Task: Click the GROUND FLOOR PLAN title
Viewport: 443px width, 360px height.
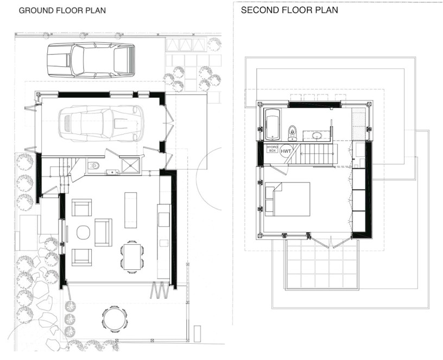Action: coord(62,10)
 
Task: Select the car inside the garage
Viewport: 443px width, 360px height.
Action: coord(102,123)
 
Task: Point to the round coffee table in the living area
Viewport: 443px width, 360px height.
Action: coord(83,232)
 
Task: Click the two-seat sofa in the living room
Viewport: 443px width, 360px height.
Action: coord(103,232)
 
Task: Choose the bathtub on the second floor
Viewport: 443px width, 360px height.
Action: coord(271,122)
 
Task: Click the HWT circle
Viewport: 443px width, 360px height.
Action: coord(286,151)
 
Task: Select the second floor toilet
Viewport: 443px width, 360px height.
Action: coord(292,131)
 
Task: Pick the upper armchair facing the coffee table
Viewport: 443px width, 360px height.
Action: coord(81,209)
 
